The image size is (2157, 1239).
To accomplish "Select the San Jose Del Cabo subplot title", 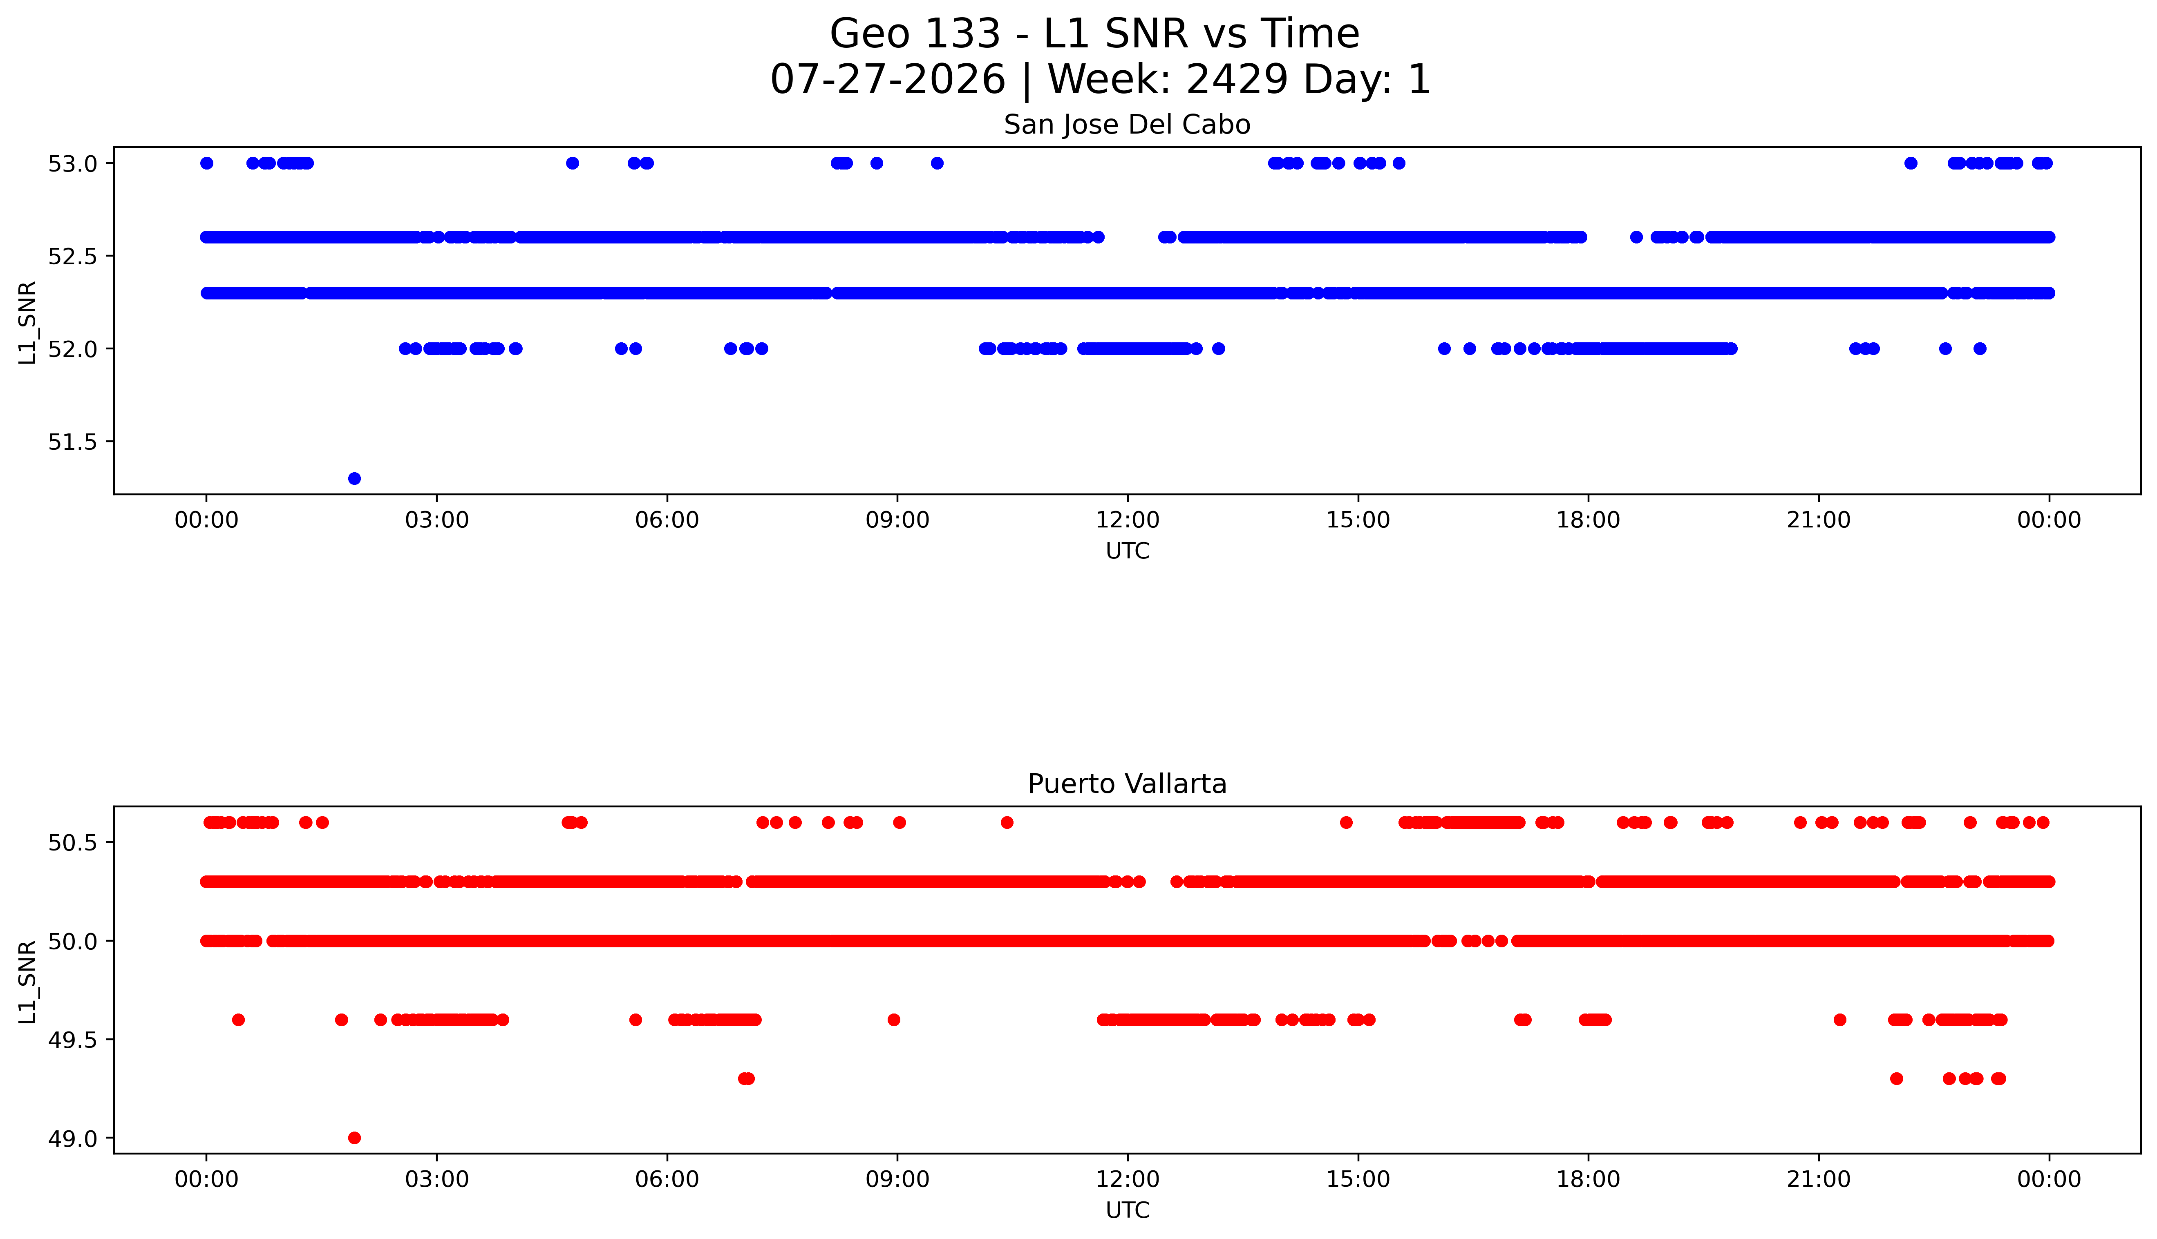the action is coord(1127,125).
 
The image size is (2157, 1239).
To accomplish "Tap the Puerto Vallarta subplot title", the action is coord(1127,784).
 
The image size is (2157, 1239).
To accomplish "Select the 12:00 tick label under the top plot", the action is coord(1128,520).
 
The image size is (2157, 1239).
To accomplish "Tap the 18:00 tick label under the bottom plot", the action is coord(1589,1179).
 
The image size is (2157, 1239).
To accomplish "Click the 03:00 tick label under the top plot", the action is coord(437,520).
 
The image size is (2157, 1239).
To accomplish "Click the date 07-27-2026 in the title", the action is coord(888,79).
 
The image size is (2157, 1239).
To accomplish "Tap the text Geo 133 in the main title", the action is coord(915,34).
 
